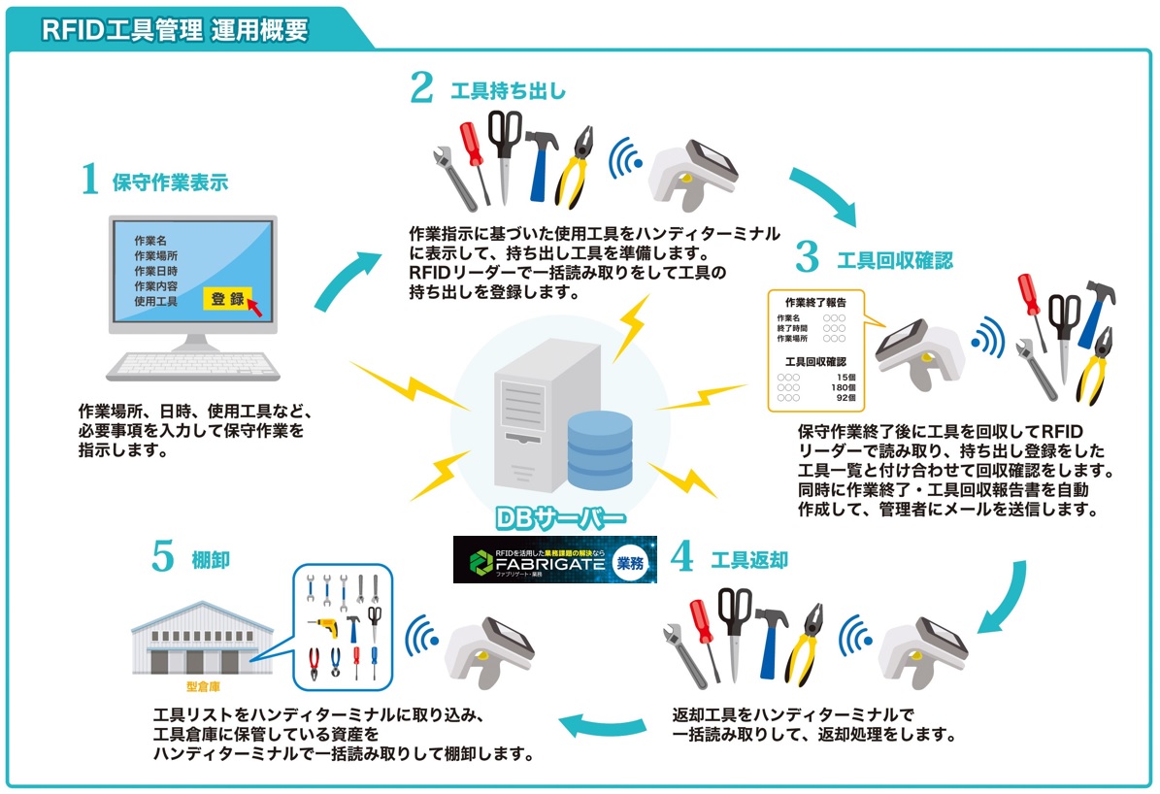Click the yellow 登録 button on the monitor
tap(227, 299)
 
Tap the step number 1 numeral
tap(90, 180)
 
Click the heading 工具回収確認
tap(894, 260)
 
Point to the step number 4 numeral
tap(682, 557)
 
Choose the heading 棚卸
tap(210, 560)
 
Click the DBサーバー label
tap(560, 517)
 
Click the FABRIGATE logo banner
tap(554, 560)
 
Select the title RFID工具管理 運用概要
tap(175, 30)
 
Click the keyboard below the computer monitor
tap(192, 363)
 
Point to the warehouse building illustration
tap(186, 636)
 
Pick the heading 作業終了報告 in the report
tap(816, 301)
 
